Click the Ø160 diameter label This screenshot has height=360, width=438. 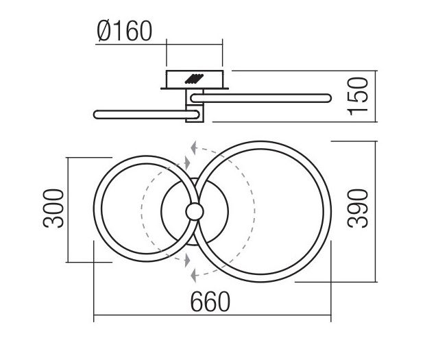(x=125, y=31)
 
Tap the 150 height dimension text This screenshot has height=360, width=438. (x=358, y=96)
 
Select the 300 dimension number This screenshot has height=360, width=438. (x=53, y=208)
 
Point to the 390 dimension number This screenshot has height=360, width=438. (x=358, y=208)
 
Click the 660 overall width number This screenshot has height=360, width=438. (x=210, y=301)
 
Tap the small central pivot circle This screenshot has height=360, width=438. (x=195, y=212)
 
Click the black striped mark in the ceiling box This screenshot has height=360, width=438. (x=194, y=79)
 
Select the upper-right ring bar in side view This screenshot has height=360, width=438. (x=261, y=98)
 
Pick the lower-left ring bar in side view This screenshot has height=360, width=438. (x=147, y=115)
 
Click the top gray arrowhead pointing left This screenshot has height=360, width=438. (x=193, y=148)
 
